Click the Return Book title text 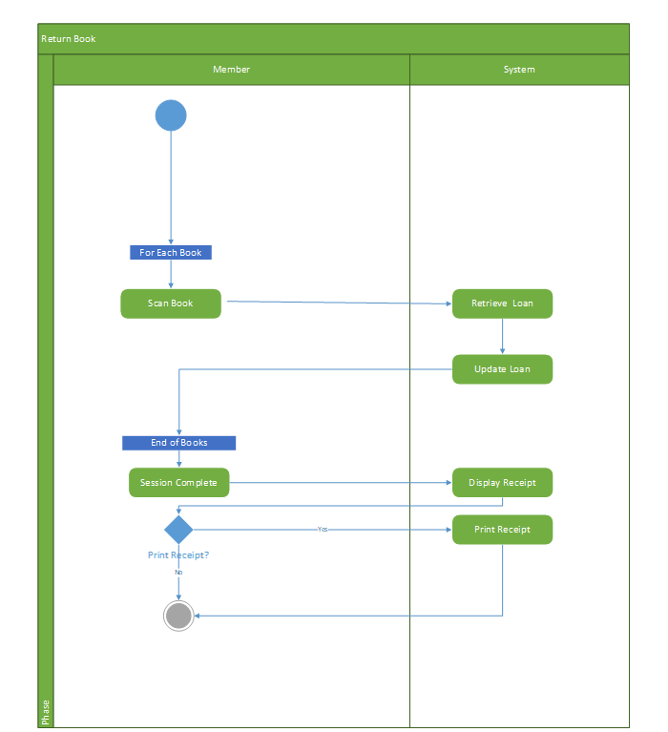click(x=68, y=39)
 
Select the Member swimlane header click(x=231, y=70)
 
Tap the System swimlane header click(x=519, y=70)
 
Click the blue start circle click(x=171, y=115)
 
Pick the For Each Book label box click(x=171, y=253)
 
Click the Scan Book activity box click(x=171, y=303)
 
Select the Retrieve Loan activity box click(x=502, y=303)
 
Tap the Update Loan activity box click(x=502, y=369)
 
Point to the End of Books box click(x=178, y=443)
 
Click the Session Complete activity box click(x=178, y=483)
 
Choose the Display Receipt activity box click(x=502, y=483)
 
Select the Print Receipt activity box click(x=502, y=530)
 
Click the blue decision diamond click(x=178, y=530)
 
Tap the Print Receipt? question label click(x=178, y=554)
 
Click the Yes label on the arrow click(x=323, y=529)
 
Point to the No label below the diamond click(x=178, y=572)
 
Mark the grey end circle click(x=178, y=616)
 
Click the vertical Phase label click(x=46, y=712)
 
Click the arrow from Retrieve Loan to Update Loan click(x=502, y=336)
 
